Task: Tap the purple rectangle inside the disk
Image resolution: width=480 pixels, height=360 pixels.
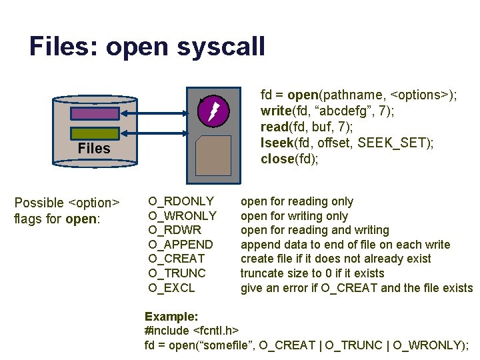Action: click(x=94, y=113)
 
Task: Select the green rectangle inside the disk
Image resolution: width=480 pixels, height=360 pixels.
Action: click(x=94, y=133)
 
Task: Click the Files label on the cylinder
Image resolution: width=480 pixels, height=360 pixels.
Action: click(x=94, y=149)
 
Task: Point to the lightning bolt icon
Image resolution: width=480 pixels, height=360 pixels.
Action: click(x=213, y=111)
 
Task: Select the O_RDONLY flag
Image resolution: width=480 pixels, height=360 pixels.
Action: click(x=181, y=201)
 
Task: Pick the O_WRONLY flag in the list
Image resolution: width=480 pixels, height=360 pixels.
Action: click(x=182, y=216)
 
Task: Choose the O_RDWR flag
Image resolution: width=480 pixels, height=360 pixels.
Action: click(x=175, y=230)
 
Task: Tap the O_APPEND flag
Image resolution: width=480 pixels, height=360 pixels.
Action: click(x=181, y=245)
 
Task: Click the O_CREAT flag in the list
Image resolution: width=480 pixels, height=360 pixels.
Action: click(x=177, y=259)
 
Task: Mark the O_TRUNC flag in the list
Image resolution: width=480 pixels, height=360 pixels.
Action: click(x=177, y=273)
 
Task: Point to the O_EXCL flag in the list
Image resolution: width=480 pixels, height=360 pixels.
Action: click(x=171, y=288)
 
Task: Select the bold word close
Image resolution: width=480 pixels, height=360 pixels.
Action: click(x=277, y=159)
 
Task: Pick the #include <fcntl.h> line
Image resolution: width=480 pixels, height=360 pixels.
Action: click(x=192, y=330)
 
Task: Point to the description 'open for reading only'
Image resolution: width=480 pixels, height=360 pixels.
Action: click(x=297, y=201)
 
